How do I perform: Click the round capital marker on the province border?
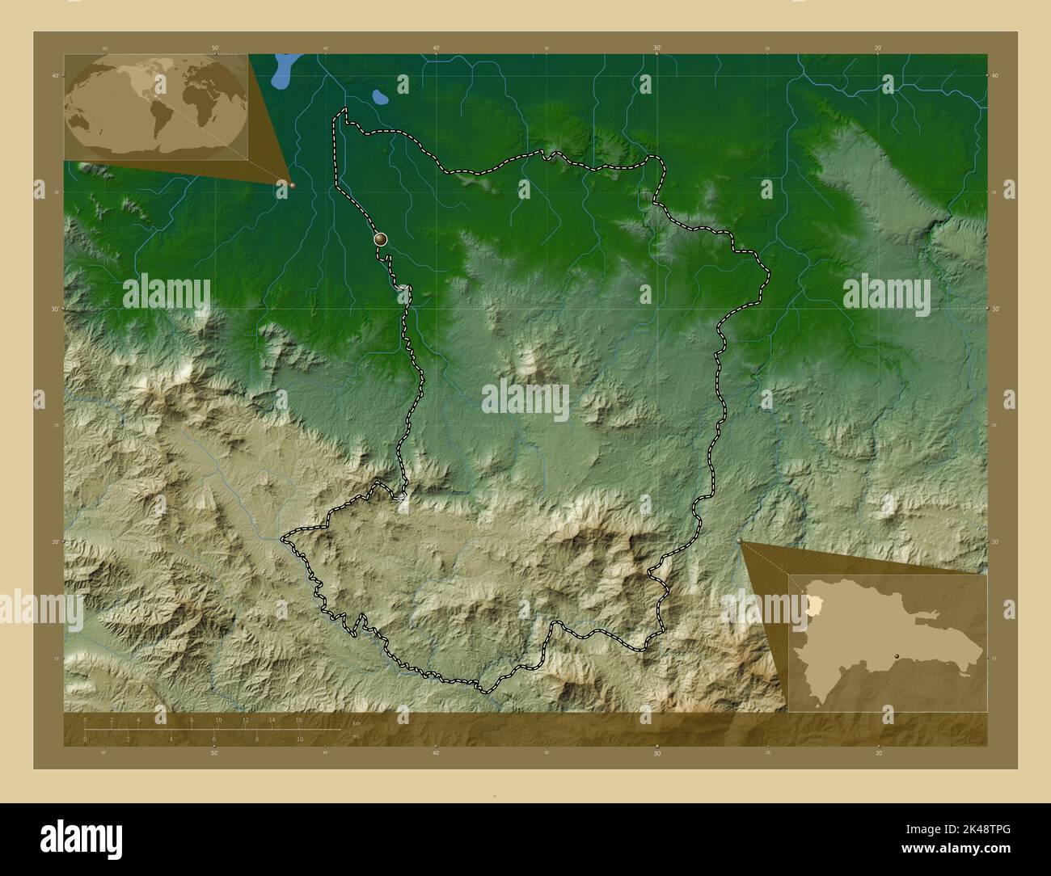pyautogui.click(x=381, y=239)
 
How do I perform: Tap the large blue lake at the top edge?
pyautogui.click(x=284, y=71)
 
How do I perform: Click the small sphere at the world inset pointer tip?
pyautogui.click(x=292, y=185)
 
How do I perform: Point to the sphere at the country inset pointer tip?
pyautogui.click(x=740, y=541)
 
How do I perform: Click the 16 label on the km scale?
pyautogui.click(x=298, y=719)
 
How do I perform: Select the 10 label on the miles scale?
pyautogui.click(x=300, y=739)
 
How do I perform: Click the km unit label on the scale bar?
pyautogui.click(x=356, y=723)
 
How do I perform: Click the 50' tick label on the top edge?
pyautogui.click(x=215, y=48)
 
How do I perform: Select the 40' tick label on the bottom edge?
pyautogui.click(x=436, y=753)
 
